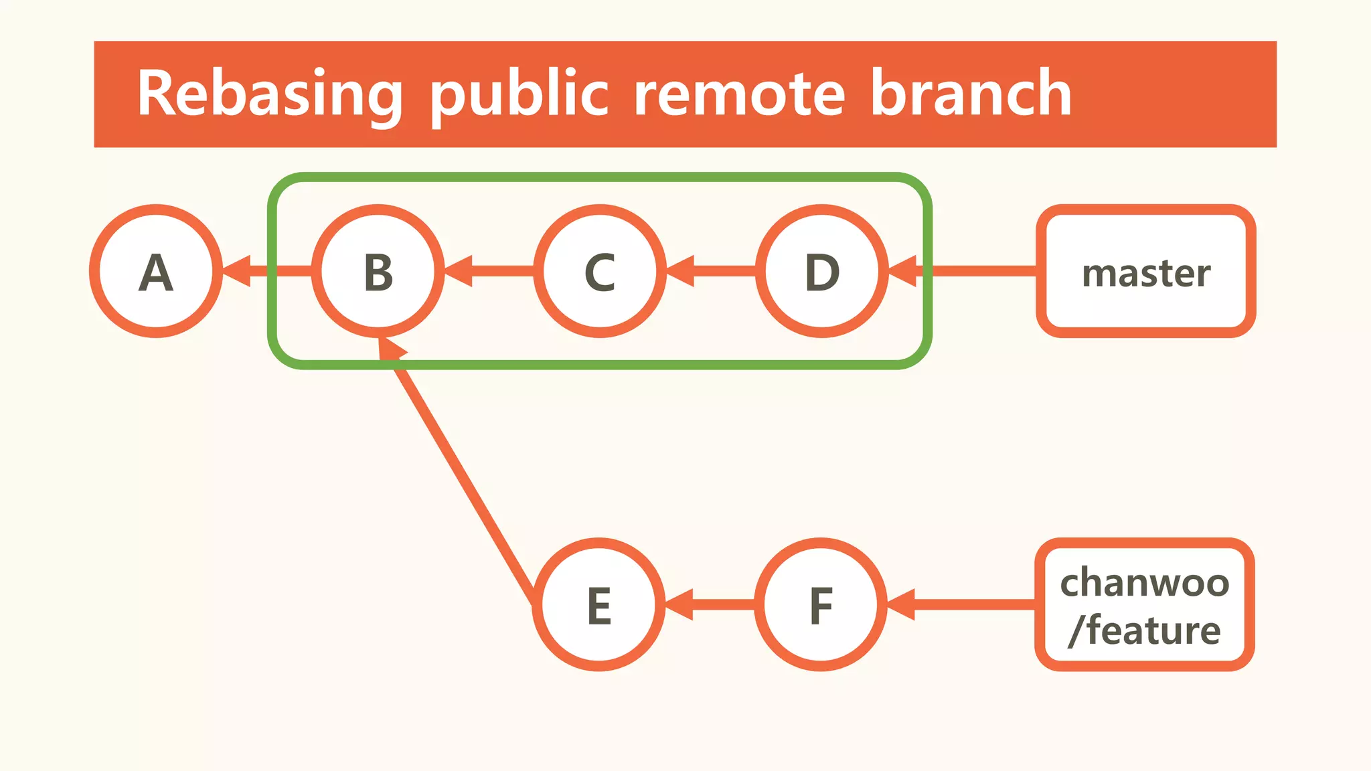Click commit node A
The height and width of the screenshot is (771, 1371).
156,271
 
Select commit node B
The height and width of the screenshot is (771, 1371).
378,271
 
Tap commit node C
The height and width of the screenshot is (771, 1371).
600,271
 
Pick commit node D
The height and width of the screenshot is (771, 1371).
822,271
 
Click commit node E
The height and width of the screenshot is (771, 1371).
598,604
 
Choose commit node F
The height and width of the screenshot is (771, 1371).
821,604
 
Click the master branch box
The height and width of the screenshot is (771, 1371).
1145,271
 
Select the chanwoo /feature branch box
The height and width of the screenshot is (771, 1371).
1144,604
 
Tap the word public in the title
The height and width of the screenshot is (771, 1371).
519,94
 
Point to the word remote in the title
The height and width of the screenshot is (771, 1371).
739,94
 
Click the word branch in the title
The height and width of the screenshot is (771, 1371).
971,94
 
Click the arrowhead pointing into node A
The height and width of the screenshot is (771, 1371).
237,271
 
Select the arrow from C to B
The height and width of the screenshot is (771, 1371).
489,271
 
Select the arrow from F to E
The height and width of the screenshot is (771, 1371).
710,604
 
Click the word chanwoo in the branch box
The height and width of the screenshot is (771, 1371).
1144,582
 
